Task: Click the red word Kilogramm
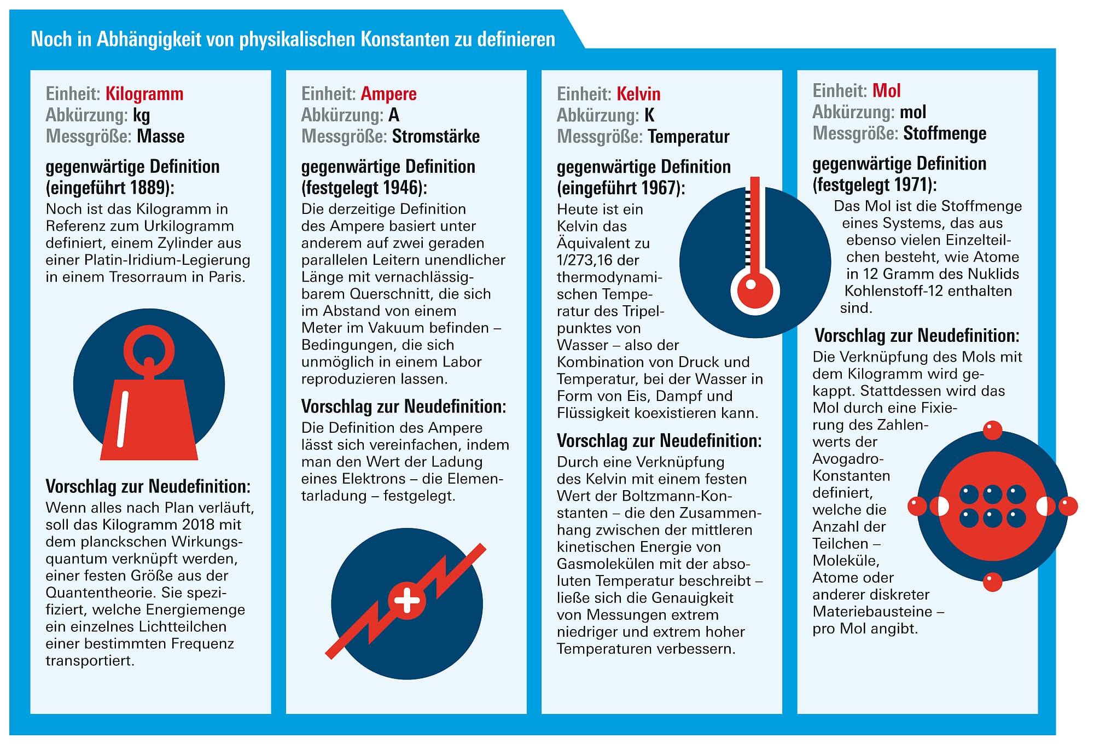pyautogui.click(x=144, y=94)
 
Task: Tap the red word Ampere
pyautogui.click(x=388, y=94)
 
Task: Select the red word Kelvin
pyautogui.click(x=638, y=94)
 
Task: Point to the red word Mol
pyautogui.click(x=886, y=90)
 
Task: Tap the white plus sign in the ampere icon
pyautogui.click(x=407, y=601)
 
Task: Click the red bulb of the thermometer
pyautogui.click(x=755, y=290)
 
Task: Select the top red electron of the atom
pyautogui.click(x=992, y=431)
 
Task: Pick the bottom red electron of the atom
pyautogui.click(x=992, y=582)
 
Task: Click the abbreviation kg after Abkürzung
pyautogui.click(x=141, y=115)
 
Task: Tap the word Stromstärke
pyautogui.click(x=436, y=136)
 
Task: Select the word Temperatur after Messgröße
pyautogui.click(x=688, y=136)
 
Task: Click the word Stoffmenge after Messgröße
pyautogui.click(x=945, y=133)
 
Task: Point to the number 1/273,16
pyautogui.click(x=590, y=260)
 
